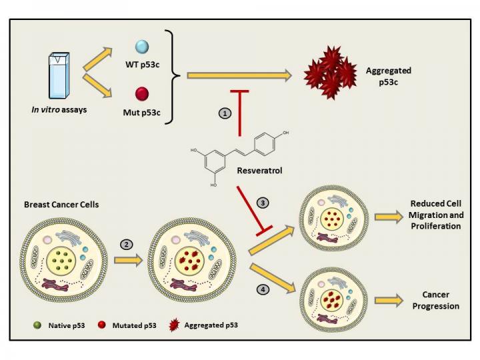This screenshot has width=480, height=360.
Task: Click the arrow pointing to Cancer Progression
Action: point(389,301)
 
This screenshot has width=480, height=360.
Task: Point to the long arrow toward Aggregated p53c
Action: point(240,77)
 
